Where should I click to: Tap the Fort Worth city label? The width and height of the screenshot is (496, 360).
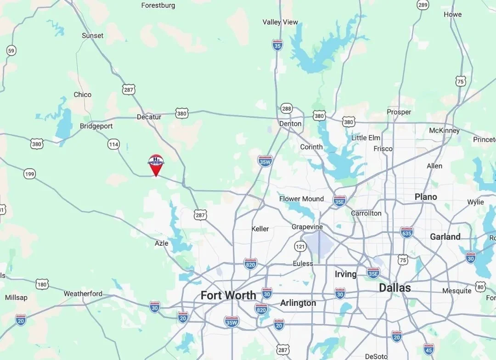[x=228, y=295]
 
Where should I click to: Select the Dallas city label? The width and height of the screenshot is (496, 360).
[x=395, y=288]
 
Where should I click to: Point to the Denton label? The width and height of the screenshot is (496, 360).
[x=290, y=124]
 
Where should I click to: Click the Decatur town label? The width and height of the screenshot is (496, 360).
[x=149, y=117]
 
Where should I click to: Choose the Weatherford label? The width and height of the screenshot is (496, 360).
[x=83, y=294]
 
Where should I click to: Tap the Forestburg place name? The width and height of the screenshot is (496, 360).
[x=158, y=6]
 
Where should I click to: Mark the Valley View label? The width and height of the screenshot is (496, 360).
[x=280, y=22]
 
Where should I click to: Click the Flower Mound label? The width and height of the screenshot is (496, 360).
[x=301, y=199]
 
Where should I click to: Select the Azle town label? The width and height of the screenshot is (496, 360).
[x=161, y=243]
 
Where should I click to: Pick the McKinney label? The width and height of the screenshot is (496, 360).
[x=444, y=130]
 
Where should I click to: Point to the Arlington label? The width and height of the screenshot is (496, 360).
[x=298, y=303]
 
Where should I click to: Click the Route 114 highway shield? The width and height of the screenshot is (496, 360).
[x=113, y=145]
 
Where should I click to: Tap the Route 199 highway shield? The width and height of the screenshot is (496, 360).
[x=30, y=174]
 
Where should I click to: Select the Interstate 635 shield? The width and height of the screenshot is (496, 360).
[x=406, y=232]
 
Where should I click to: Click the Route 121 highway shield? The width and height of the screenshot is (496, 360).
[x=300, y=246]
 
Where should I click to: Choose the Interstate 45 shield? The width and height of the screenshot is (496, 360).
[x=428, y=349]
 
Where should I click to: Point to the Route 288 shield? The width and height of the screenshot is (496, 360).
[x=287, y=109]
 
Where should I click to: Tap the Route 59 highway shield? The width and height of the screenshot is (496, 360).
[x=11, y=51]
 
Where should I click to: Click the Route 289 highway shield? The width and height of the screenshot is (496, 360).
[x=423, y=5]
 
